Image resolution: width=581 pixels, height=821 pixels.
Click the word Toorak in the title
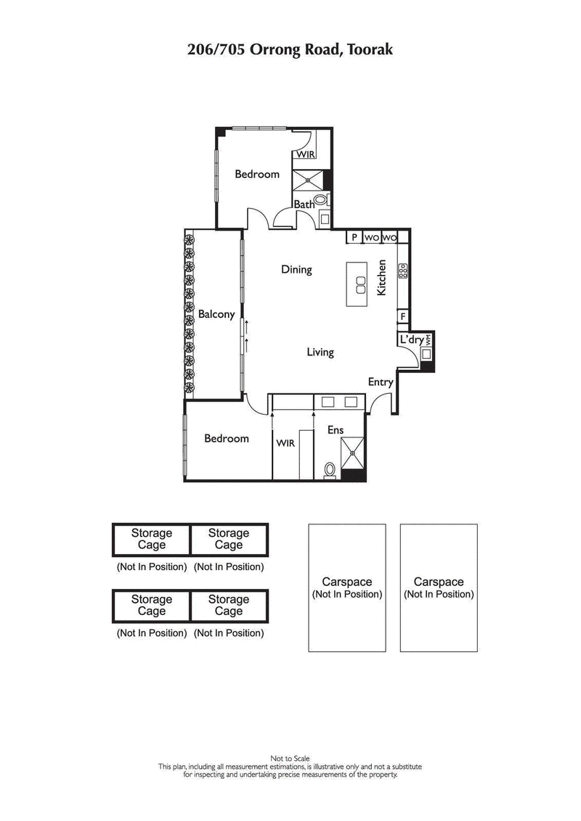370,49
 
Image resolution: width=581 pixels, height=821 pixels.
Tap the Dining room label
296,270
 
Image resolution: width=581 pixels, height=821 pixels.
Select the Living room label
320,352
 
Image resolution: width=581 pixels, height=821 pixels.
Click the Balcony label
216,314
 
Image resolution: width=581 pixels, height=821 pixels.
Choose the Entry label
381,382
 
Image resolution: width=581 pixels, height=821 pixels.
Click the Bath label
304,205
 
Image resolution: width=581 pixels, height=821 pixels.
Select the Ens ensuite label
335,430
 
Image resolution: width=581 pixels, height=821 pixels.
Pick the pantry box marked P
354,237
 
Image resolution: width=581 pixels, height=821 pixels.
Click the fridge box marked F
402,316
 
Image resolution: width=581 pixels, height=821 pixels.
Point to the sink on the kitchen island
358,284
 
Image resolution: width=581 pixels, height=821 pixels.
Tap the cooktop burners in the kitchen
402,271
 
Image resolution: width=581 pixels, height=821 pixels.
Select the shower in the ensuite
354,453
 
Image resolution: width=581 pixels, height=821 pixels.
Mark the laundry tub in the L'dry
428,355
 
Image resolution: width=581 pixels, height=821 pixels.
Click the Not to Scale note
290,759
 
